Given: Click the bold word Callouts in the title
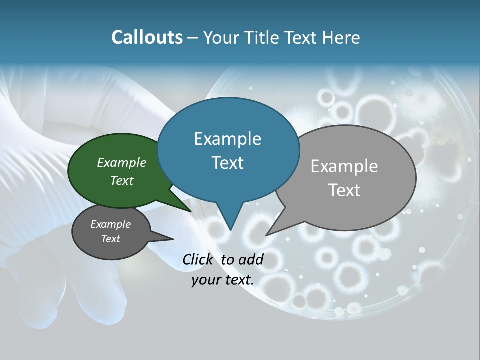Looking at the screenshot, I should point(147,37).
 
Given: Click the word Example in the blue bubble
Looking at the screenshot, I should point(227,139).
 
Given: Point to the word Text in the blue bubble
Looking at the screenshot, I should point(227,163).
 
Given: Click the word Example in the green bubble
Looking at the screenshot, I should point(121,162).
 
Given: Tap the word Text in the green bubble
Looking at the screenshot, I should point(121,180).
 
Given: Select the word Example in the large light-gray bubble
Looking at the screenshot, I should point(344,166).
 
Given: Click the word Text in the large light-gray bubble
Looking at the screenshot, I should point(344,190).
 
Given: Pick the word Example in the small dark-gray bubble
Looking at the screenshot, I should point(110,224).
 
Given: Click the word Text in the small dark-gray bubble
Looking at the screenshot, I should point(110,239).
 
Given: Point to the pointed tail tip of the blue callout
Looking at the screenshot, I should point(230,230).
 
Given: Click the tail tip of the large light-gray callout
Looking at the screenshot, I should point(266,235).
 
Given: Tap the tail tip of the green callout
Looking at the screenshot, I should point(191,211).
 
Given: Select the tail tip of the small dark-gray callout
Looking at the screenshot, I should point(173,239).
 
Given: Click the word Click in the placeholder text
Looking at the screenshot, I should point(198,259).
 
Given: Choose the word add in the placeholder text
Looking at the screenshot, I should point(251,259).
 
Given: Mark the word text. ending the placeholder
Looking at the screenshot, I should point(239,280).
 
